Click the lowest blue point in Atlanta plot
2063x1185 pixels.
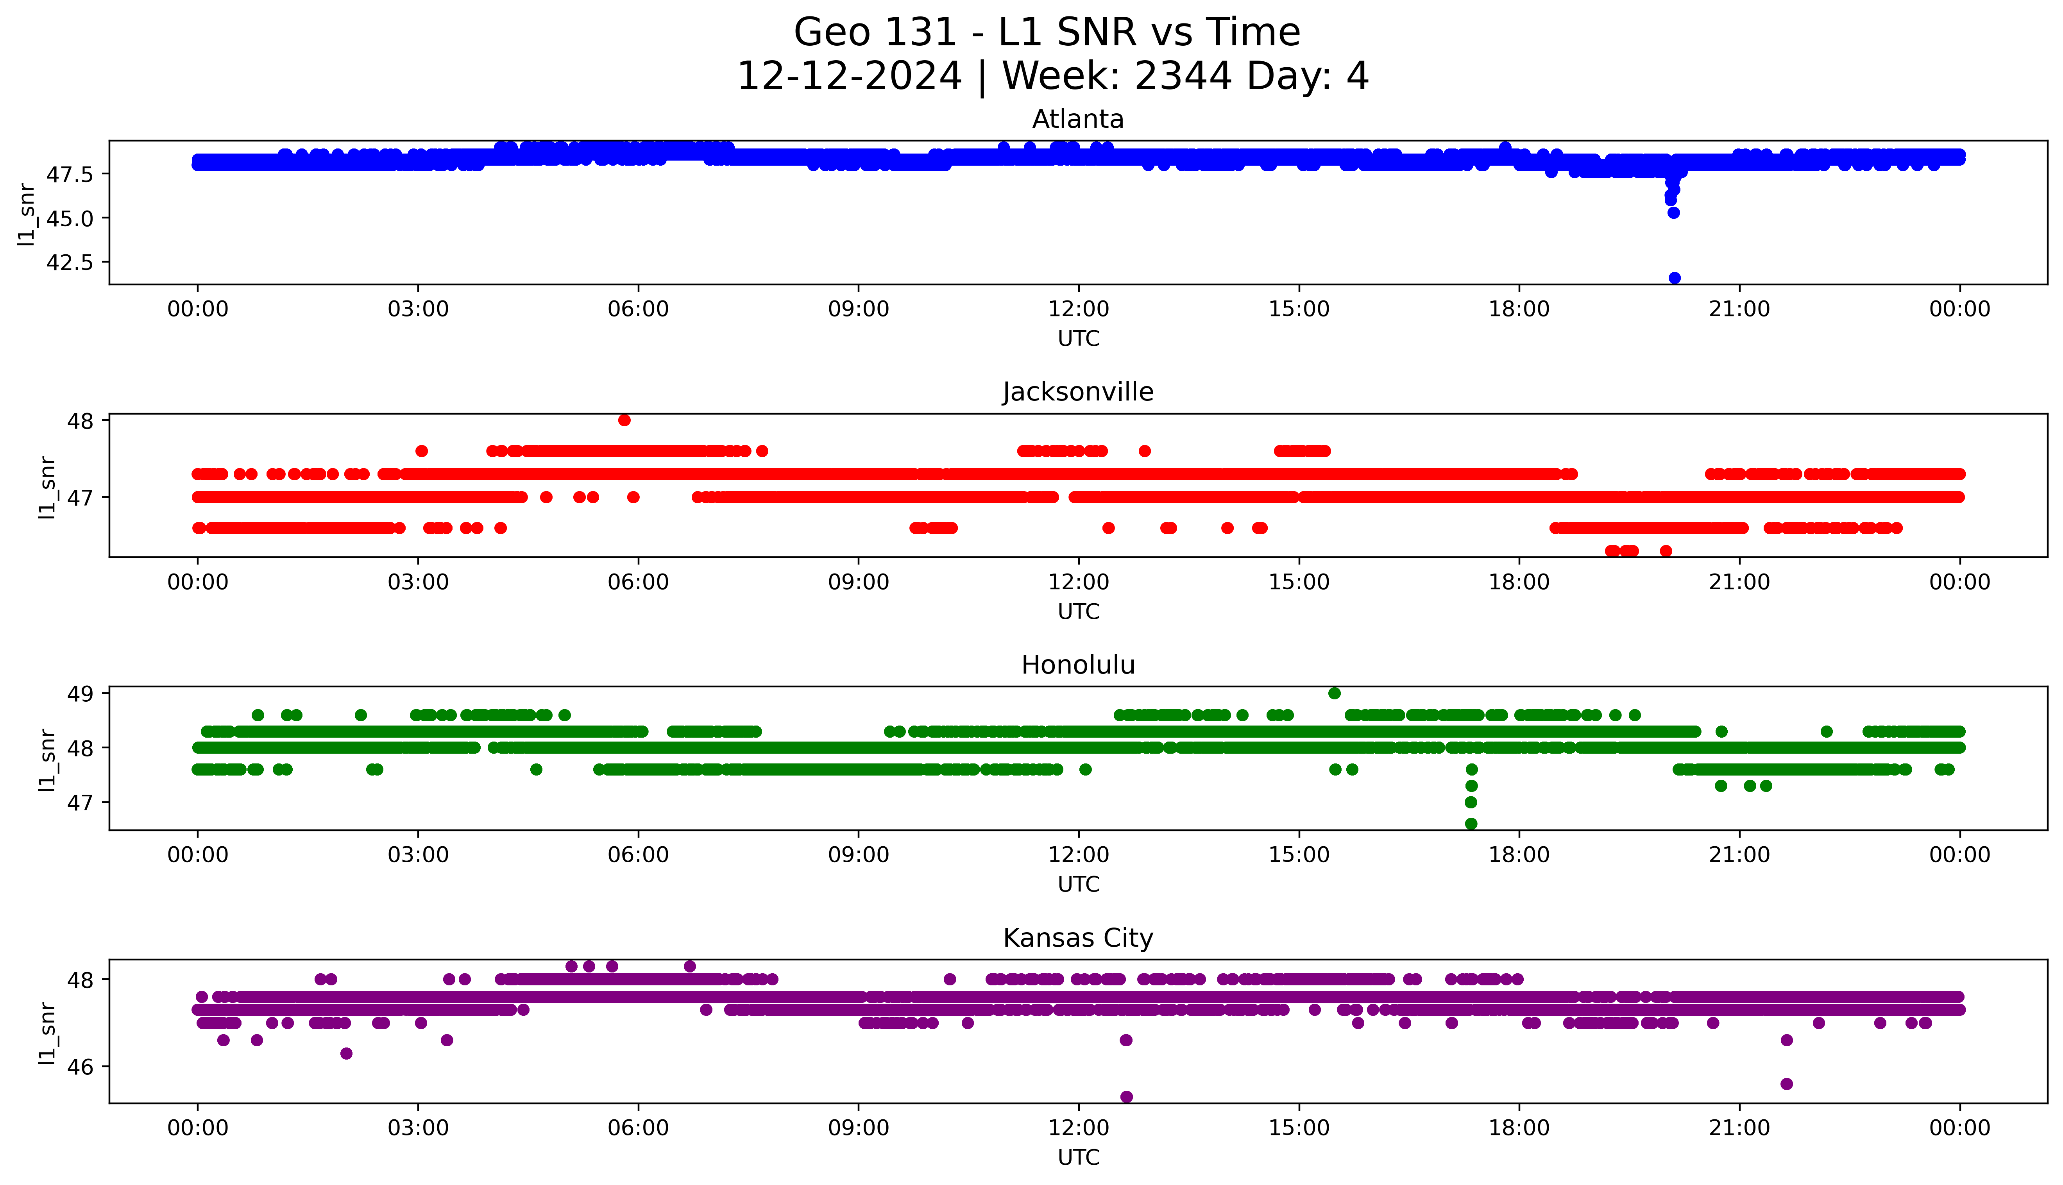pyautogui.click(x=1674, y=277)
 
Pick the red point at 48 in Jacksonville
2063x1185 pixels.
pyautogui.click(x=624, y=420)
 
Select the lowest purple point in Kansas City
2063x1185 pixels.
pyautogui.click(x=1126, y=1096)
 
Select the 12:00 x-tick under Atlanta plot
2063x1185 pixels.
pyautogui.click(x=1078, y=309)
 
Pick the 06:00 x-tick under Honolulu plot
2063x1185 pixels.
pyautogui.click(x=638, y=854)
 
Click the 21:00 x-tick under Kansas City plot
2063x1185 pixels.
pyautogui.click(x=1739, y=1128)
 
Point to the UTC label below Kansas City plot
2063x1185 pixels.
pyautogui.click(x=1078, y=1156)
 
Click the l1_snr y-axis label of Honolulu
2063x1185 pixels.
pyautogui.click(x=47, y=760)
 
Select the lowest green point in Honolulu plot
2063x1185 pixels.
pyautogui.click(x=1471, y=824)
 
